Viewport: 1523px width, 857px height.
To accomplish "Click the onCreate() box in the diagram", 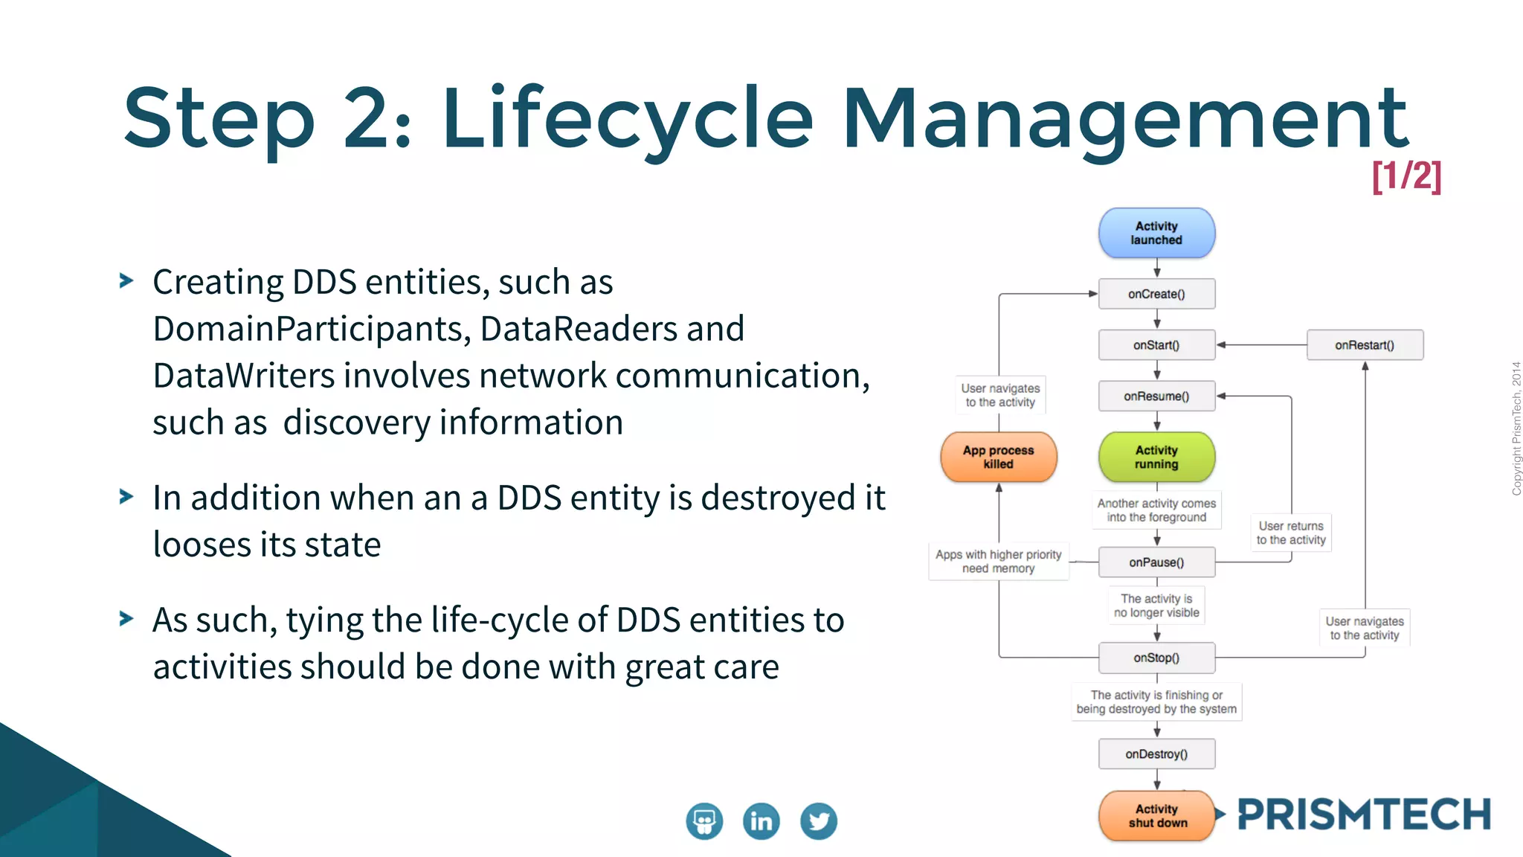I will click(1156, 294).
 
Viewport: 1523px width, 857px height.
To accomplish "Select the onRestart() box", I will click(1365, 345).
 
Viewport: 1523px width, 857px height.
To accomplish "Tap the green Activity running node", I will click(1156, 457).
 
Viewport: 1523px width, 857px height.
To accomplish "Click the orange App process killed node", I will click(998, 457).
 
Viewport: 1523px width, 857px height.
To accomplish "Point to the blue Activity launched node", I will click(1156, 233).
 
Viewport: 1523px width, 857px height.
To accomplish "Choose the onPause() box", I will click(1156, 562).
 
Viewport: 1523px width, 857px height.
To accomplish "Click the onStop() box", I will click(1156, 658).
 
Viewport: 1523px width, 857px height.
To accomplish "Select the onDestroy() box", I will click(1156, 754).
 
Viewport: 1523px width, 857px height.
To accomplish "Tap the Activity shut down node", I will click(1156, 816).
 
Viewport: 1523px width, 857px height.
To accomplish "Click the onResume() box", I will click(1156, 397).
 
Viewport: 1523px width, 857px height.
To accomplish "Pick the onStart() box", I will click(1156, 345).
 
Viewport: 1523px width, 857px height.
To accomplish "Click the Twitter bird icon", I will click(818, 821).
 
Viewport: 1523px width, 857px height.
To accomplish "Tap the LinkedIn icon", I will click(761, 821).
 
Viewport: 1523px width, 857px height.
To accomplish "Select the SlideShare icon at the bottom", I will click(704, 821).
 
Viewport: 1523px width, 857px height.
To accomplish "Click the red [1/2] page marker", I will click(1406, 176).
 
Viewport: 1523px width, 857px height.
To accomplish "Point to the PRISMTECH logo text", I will click(1364, 815).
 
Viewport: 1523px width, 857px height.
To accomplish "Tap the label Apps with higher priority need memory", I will click(998, 562).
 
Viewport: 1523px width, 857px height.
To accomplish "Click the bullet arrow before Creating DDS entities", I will click(126, 281).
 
